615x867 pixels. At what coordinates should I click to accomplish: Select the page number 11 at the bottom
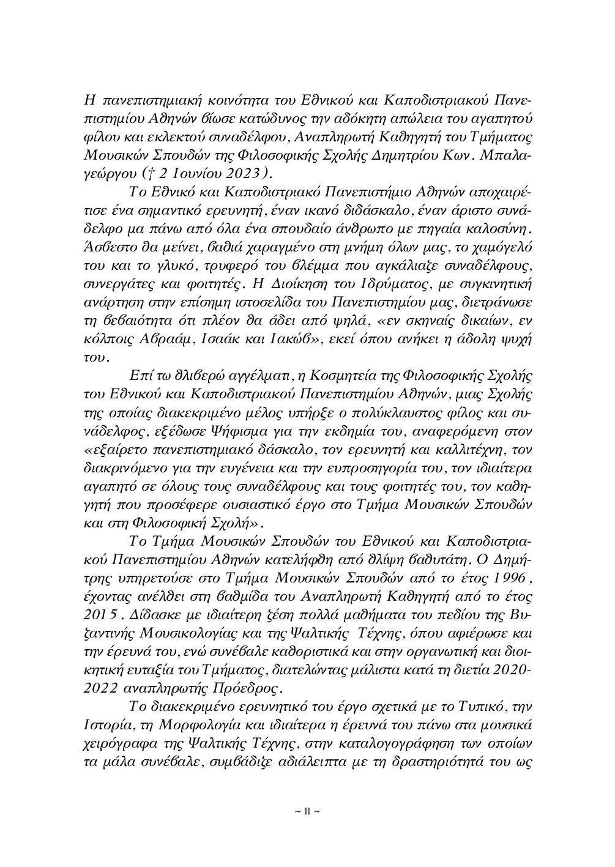click(307, 811)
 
